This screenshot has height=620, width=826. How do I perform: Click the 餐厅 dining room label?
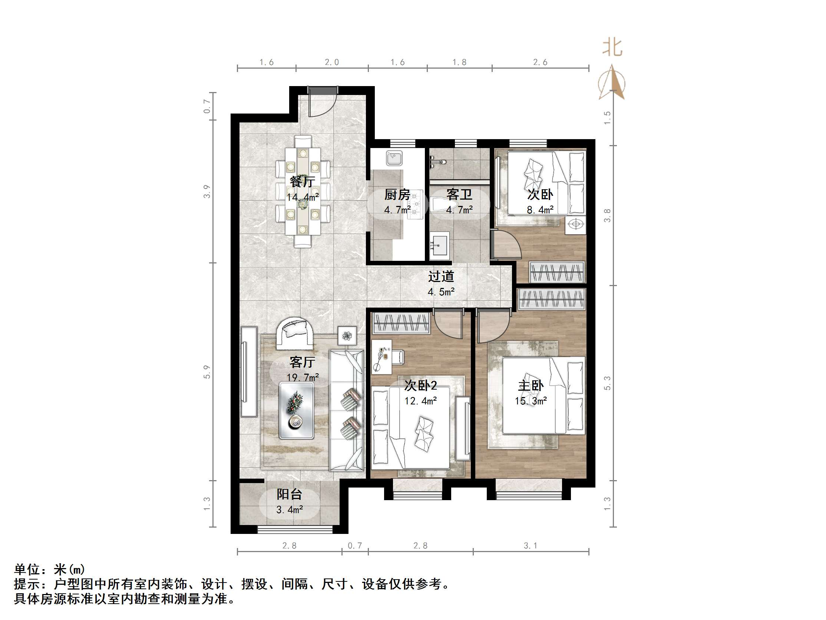303,182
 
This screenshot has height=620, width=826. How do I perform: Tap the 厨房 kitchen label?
397,194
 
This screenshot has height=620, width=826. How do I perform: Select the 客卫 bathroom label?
459,194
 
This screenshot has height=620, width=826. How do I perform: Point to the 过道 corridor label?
441,276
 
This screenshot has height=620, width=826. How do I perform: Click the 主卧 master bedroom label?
531,385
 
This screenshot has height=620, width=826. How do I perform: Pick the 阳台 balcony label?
290,494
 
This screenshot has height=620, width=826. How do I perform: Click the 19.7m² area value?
303,377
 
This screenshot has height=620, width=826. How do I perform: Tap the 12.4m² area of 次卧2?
420,401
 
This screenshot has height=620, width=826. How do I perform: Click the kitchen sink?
394,158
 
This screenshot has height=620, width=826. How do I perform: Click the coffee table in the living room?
297,410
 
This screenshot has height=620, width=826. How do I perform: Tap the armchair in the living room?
295,332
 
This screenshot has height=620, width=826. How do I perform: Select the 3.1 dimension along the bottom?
530,546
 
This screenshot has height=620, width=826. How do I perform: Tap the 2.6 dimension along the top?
540,62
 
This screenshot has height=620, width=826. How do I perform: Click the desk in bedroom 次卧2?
381,356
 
